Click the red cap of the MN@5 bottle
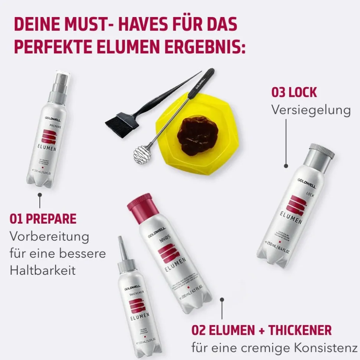click(x=139, y=205)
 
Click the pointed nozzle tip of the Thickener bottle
click(x=121, y=241)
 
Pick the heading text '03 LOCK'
click(x=294, y=92)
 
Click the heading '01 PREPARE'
click(x=43, y=219)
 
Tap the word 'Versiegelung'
click(x=311, y=110)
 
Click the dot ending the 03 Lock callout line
click(x=286, y=166)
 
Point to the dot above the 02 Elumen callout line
click(x=222, y=299)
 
